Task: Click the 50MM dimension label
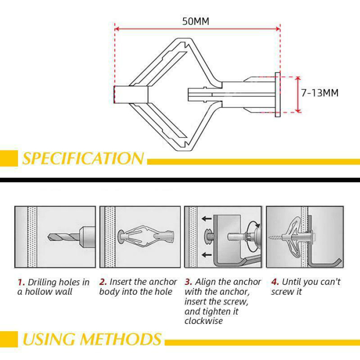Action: coord(195,21)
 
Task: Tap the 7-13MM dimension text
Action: coord(319,93)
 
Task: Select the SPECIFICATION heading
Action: coord(83,158)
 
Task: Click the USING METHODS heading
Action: coord(92,339)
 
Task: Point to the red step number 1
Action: coord(21,282)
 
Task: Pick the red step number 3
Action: coord(188,282)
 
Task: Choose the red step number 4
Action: coord(275,282)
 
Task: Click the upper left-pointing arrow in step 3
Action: coord(207,219)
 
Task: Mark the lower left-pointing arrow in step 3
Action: coord(207,255)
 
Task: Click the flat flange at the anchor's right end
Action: coord(278,95)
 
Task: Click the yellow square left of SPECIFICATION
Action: coord(8,158)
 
